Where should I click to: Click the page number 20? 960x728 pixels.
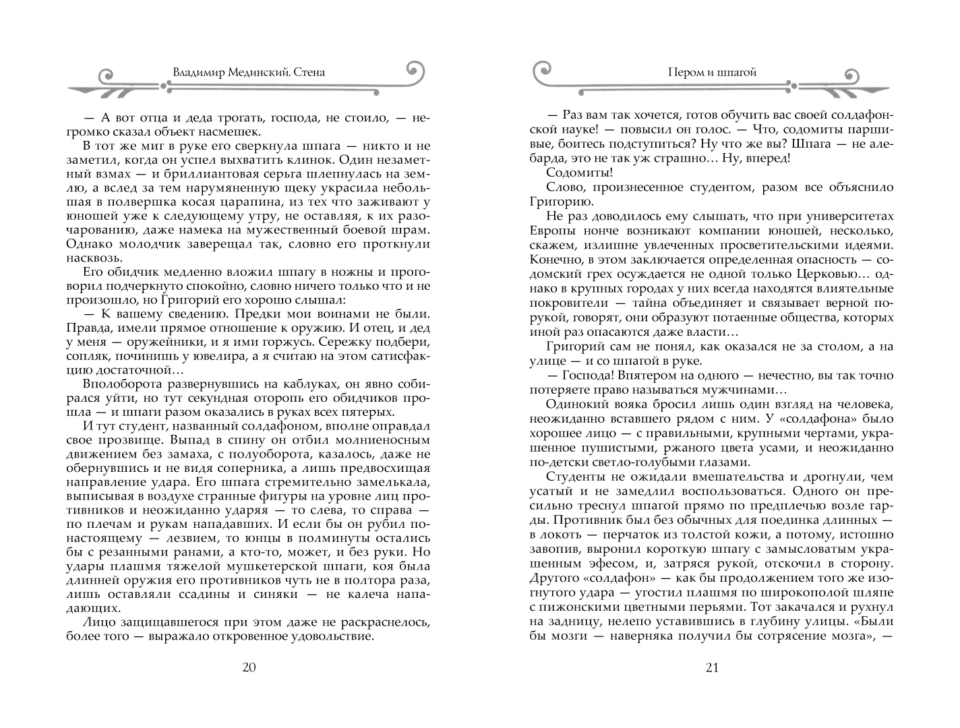pyautogui.click(x=249, y=668)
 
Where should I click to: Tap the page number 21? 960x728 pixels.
pyautogui.click(x=712, y=668)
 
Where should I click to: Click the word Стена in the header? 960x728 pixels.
pyautogui.click(x=309, y=71)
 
